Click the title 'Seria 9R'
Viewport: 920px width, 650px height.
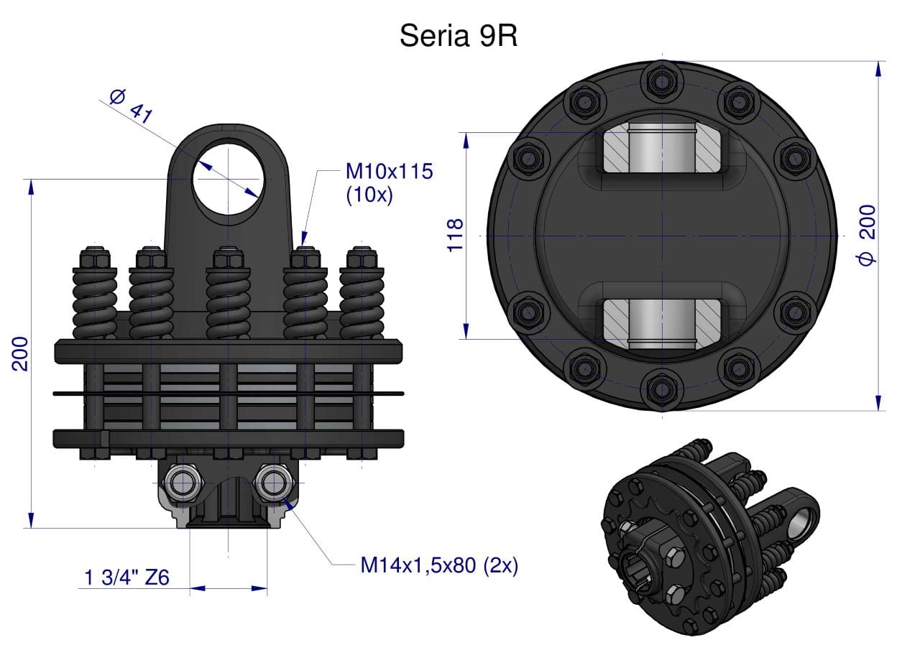459,36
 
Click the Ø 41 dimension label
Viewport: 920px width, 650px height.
132,106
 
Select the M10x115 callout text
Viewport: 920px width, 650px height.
389,171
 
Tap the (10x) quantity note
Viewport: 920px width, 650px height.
369,195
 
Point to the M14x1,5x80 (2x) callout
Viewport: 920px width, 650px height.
439,565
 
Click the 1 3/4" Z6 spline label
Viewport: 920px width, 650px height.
126,577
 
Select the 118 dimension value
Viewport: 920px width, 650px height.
455,235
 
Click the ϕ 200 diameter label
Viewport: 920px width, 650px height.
867,235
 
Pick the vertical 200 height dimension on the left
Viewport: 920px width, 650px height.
19,353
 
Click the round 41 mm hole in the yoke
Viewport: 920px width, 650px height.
229,179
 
